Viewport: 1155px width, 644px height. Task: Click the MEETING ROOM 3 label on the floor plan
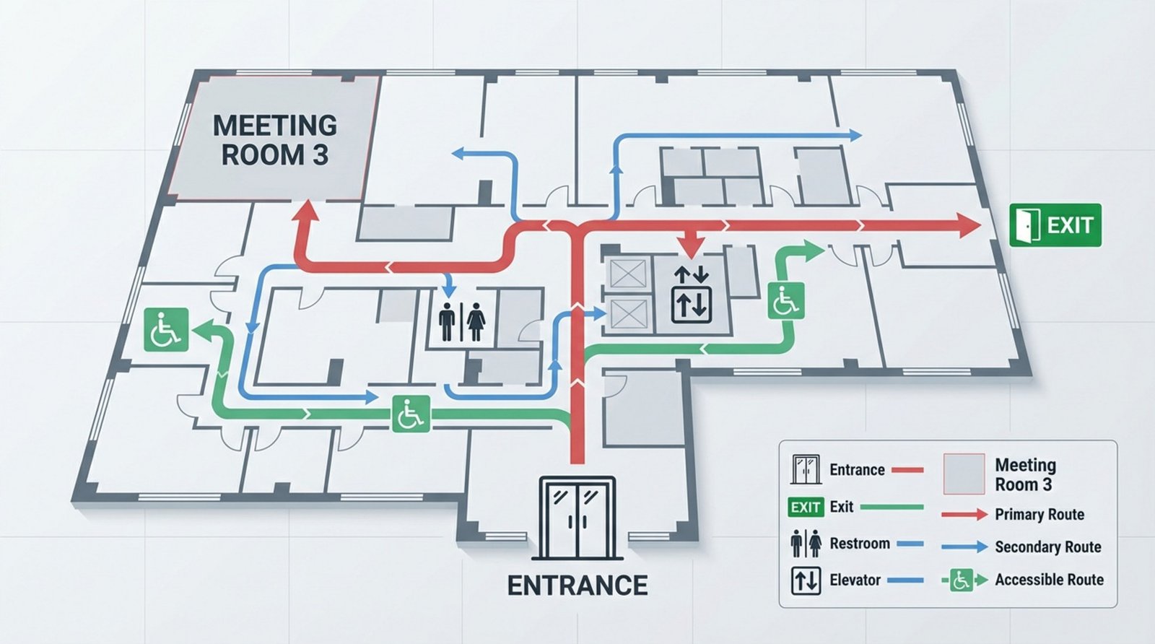[x=274, y=140]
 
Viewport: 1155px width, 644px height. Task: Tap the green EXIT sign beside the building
[x=1055, y=225]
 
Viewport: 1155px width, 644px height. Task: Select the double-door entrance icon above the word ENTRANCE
[x=577, y=517]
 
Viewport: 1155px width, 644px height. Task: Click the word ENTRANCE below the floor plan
[x=577, y=585]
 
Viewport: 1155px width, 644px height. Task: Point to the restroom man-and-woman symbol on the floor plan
[x=462, y=321]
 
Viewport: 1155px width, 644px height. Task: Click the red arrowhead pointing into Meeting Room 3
[x=306, y=212]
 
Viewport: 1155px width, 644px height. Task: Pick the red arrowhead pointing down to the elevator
[x=692, y=248]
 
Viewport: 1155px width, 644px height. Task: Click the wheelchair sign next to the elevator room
[x=785, y=302]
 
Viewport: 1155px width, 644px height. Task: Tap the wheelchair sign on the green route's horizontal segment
[x=411, y=414]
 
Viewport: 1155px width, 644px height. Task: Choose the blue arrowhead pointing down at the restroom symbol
[x=448, y=290]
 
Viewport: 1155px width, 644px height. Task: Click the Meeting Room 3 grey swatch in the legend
[x=964, y=474]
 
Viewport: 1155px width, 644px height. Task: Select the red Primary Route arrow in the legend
[x=964, y=515]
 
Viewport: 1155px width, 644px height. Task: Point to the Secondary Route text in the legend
[x=1047, y=547]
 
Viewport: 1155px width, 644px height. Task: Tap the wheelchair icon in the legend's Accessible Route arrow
[x=961, y=580]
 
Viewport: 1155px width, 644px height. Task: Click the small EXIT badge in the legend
[x=805, y=507]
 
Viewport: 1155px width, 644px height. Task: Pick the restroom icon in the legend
[x=805, y=544]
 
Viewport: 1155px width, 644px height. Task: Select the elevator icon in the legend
[x=805, y=580]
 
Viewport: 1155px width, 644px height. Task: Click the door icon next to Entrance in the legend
[x=806, y=469]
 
